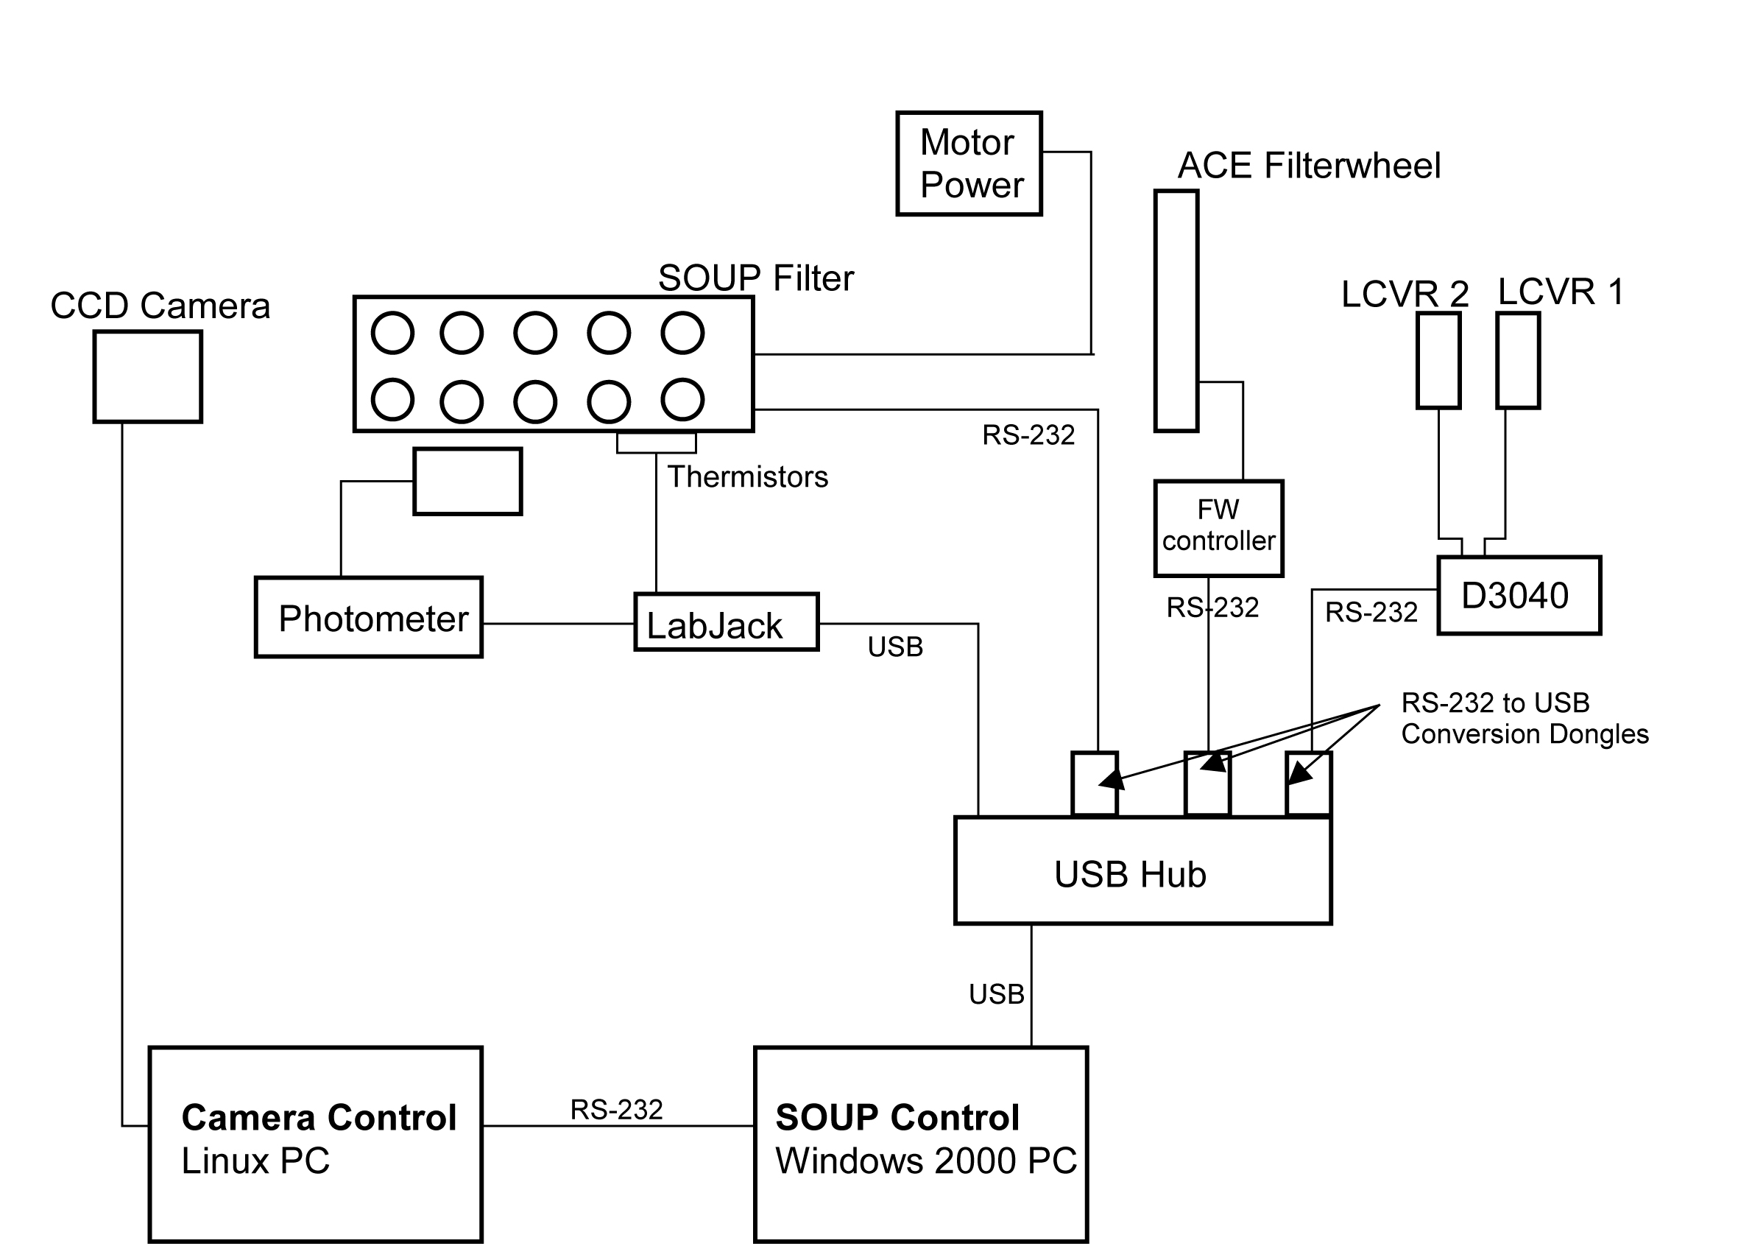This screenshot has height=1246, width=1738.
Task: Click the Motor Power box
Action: click(x=969, y=163)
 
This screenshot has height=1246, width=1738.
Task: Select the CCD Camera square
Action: click(x=148, y=376)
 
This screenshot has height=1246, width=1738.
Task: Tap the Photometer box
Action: click(x=369, y=617)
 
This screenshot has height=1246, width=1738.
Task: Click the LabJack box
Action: click(x=727, y=622)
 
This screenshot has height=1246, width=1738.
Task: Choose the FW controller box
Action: click(x=1218, y=528)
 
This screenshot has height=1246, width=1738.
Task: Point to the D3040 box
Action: click(x=1519, y=596)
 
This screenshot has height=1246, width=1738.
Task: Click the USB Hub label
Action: click(x=1129, y=875)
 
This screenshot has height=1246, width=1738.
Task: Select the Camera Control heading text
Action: click(x=319, y=1118)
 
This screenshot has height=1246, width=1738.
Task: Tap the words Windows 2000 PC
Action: click(x=926, y=1161)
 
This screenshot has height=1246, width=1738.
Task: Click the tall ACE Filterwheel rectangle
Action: click(x=1176, y=311)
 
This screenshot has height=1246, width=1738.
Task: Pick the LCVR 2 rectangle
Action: click(x=1438, y=360)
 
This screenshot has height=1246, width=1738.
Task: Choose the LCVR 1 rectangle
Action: click(x=1518, y=360)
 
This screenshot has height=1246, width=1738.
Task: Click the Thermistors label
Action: click(x=748, y=477)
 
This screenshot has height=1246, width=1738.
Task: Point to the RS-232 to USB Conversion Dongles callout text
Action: click(x=1525, y=719)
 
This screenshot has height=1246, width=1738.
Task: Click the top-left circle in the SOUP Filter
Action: click(x=392, y=333)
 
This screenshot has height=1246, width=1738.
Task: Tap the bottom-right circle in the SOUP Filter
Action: click(x=682, y=399)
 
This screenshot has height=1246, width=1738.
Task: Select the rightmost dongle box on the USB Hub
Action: click(x=1308, y=784)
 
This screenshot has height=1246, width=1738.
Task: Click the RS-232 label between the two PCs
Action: click(x=616, y=1110)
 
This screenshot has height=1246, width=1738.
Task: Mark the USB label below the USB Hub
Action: click(x=996, y=994)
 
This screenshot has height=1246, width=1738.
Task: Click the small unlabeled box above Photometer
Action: click(x=467, y=482)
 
